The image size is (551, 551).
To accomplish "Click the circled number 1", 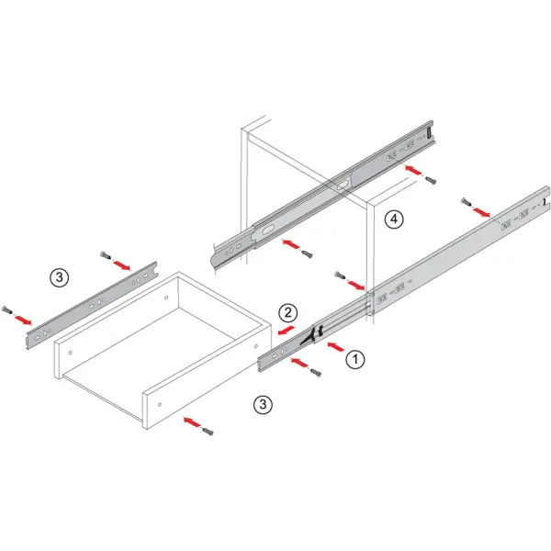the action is [355, 359].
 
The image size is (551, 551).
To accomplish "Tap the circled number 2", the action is [288, 312].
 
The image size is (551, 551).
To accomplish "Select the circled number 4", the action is [394, 219].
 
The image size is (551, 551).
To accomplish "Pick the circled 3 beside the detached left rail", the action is [59, 277].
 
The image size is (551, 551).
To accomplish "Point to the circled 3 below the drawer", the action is [263, 404].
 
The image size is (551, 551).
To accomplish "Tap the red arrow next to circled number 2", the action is [286, 331].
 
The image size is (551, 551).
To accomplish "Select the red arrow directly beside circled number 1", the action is [336, 347].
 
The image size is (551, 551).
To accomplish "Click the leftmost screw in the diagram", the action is [6, 310].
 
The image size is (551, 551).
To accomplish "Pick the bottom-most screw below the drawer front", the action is [208, 432].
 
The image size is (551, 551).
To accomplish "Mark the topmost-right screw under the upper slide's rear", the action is [431, 181].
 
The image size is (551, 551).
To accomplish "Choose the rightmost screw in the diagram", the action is [466, 202].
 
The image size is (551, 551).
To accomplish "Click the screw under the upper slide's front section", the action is [307, 254].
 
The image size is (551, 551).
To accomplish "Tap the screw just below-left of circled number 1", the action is [316, 373].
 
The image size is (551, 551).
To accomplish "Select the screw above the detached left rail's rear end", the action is [106, 255].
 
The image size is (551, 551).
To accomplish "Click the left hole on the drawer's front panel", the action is [71, 352].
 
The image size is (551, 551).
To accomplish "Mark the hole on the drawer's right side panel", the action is [256, 346].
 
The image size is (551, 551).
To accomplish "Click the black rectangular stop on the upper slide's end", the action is [429, 133].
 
